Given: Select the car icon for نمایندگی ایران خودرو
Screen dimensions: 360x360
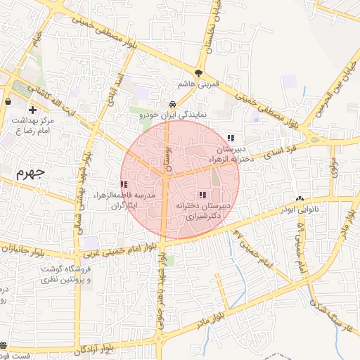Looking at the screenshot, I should click(172, 105).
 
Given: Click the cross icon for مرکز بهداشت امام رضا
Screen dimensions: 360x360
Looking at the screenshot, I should click(32, 110).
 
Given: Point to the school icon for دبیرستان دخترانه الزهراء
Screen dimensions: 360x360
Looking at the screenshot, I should click(231, 138).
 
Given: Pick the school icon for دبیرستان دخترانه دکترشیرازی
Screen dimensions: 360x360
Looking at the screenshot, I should click(202, 195).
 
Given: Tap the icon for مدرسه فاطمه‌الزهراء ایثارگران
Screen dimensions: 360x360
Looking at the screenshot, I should click(124, 184).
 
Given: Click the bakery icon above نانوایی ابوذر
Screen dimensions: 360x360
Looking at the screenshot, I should click(300, 199).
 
